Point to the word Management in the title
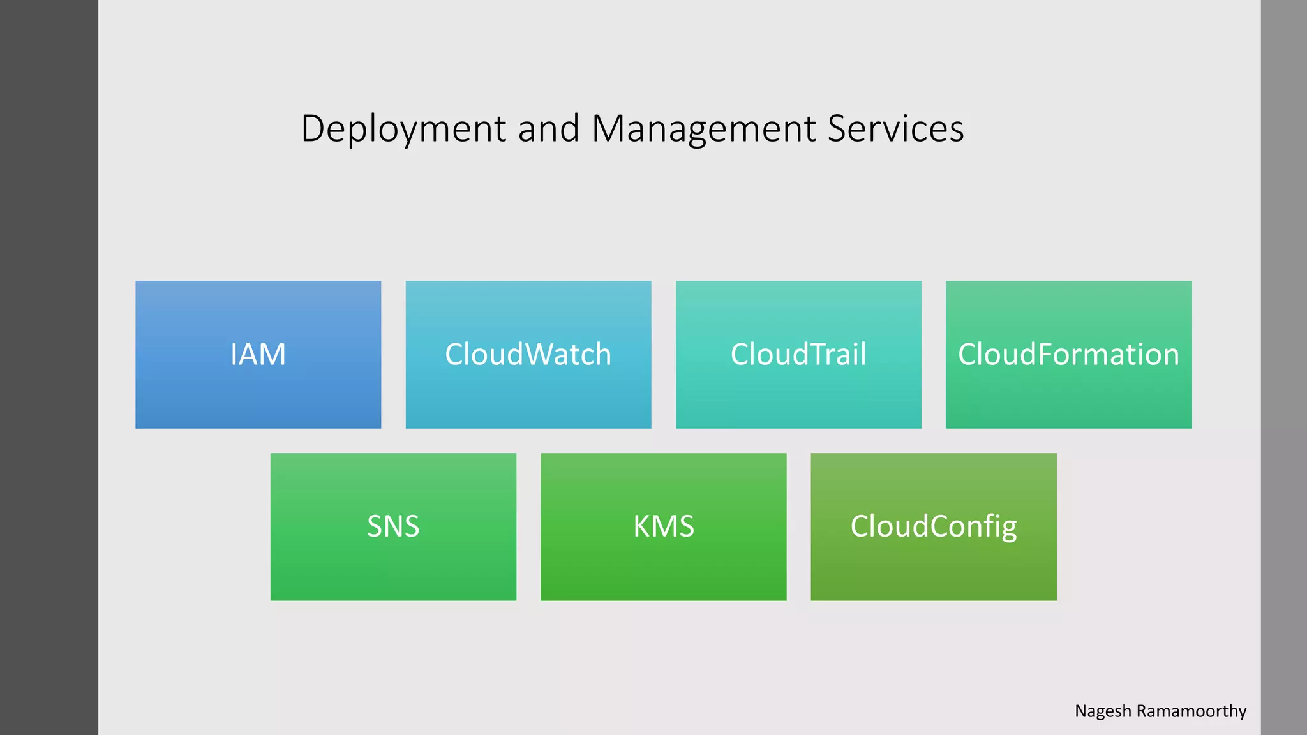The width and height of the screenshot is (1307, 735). click(x=704, y=130)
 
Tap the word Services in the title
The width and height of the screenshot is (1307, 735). click(x=895, y=128)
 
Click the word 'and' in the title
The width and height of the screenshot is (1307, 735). click(x=548, y=128)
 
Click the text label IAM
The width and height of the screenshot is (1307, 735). click(x=258, y=354)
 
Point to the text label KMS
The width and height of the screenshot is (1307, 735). click(x=663, y=526)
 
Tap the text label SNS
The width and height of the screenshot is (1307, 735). click(x=393, y=526)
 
